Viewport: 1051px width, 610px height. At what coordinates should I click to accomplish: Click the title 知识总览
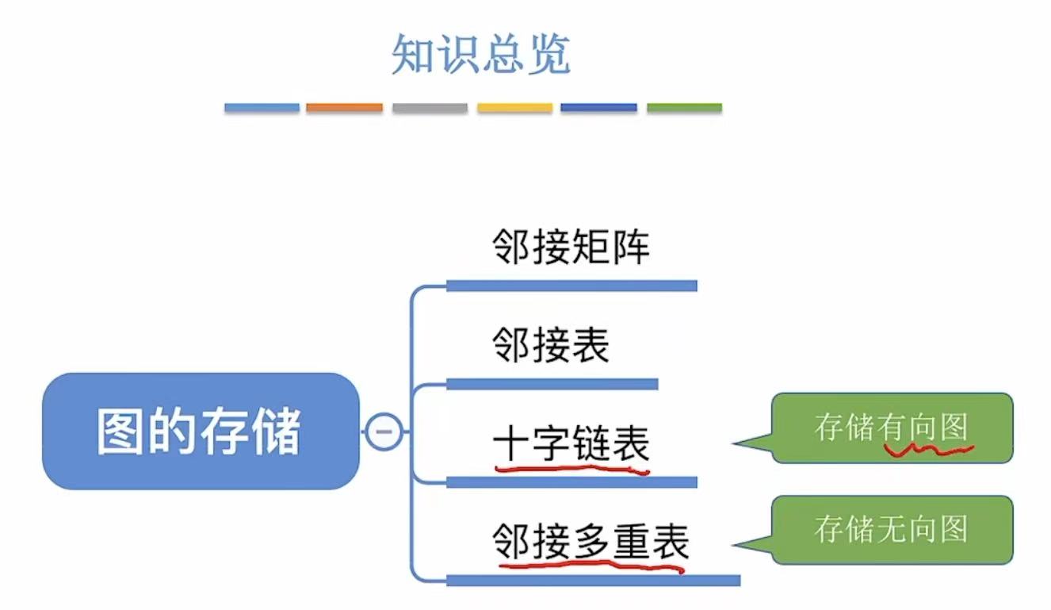481,55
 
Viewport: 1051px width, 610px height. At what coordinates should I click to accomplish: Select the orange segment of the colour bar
344,107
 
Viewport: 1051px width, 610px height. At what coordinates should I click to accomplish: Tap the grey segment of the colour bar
430,107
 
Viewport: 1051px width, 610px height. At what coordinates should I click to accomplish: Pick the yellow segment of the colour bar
514,107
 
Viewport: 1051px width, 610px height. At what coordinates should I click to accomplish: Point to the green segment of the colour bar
684,107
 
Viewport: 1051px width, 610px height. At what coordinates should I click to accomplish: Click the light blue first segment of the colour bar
262,107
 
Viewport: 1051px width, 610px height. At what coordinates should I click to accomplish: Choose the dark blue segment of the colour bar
598,107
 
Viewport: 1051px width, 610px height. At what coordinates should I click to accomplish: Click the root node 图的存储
200,431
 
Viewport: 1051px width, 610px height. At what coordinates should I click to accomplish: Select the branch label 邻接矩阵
571,247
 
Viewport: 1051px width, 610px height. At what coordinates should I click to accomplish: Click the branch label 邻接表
551,346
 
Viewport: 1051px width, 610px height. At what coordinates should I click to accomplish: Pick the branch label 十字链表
571,444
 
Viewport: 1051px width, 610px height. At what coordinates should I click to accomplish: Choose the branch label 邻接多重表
590,543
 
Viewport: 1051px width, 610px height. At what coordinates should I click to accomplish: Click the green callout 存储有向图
892,428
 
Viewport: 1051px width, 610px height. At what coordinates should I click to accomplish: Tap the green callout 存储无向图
892,529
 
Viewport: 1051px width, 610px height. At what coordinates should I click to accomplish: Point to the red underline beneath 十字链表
571,469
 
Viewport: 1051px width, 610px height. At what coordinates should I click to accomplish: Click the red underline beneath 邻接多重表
590,566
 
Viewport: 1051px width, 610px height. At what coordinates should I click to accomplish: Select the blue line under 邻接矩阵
571,286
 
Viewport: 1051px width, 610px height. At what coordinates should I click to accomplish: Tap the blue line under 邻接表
552,384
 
